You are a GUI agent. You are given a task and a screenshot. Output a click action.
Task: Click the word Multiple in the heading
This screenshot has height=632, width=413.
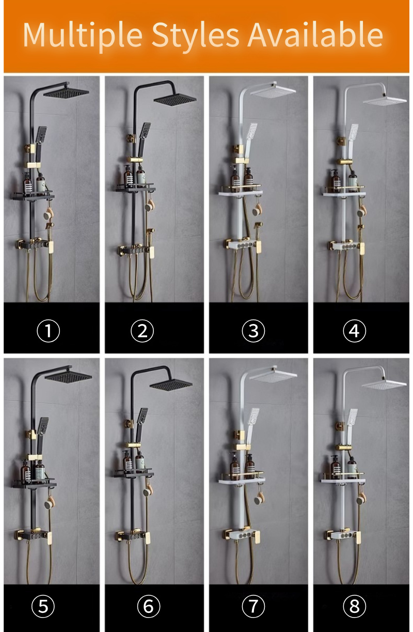(83, 35)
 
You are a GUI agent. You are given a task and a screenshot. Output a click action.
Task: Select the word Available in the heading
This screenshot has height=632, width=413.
(316, 35)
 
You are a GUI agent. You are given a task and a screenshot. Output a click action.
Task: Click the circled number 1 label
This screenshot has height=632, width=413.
(48, 331)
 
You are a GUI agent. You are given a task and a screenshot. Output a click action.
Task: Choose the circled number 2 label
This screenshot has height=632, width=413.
(142, 331)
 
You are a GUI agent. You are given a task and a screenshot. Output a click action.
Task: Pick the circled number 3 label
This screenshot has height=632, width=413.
(253, 331)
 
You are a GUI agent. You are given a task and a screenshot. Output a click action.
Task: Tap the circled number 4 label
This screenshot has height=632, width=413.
(354, 331)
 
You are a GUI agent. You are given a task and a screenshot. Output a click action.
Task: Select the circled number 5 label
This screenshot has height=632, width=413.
(43, 606)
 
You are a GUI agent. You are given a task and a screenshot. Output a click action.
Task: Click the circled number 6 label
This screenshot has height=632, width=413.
(148, 606)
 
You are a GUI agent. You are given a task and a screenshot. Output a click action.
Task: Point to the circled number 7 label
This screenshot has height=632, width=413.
(253, 606)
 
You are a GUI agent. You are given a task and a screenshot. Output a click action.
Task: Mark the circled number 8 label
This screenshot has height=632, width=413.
(354, 606)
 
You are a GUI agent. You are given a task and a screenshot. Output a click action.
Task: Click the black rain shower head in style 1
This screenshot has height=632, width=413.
(66, 93)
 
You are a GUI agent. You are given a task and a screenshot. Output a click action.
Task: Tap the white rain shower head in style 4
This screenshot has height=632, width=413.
(385, 101)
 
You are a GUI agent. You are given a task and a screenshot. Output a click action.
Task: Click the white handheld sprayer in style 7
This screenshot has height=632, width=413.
(252, 419)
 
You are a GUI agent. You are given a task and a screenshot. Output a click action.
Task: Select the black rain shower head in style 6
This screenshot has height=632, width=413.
(171, 383)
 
